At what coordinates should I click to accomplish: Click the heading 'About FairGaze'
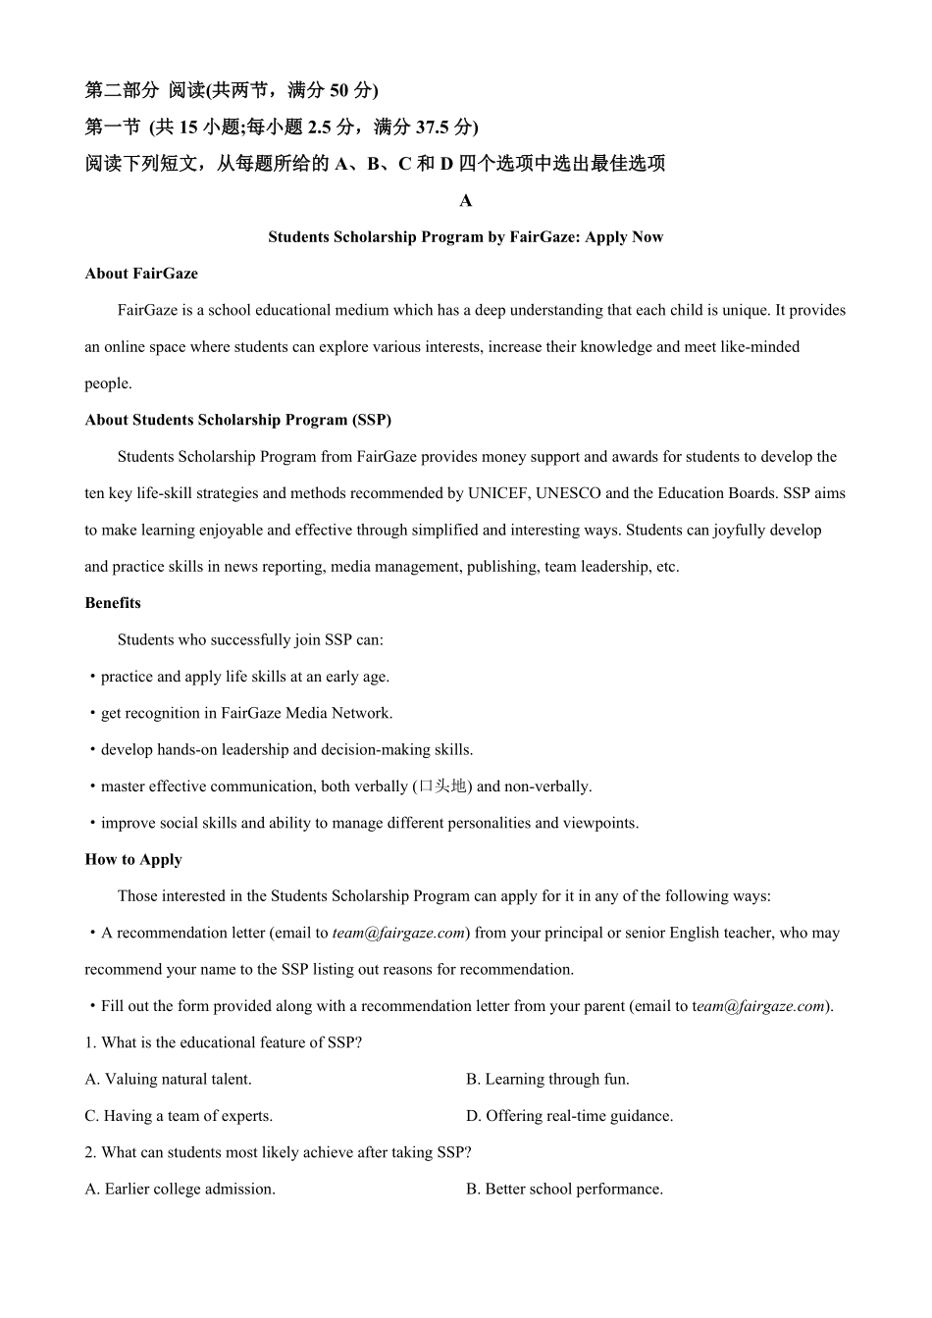click(x=141, y=274)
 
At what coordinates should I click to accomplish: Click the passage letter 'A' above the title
click(x=466, y=201)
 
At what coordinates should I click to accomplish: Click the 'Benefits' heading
click(x=113, y=603)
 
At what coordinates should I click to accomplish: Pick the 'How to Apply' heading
click(x=133, y=860)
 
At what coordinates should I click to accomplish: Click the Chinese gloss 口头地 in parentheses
click(x=442, y=786)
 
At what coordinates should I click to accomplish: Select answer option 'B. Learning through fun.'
click(x=547, y=1080)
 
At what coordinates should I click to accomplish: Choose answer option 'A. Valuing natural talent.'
click(x=169, y=1080)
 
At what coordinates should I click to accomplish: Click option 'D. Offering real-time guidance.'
click(x=569, y=1116)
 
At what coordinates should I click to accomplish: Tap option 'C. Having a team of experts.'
click(x=179, y=1116)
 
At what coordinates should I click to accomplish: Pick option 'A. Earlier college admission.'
click(x=180, y=1190)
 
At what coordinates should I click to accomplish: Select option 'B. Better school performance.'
click(x=564, y=1190)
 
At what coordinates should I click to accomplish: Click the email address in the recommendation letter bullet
click(x=398, y=934)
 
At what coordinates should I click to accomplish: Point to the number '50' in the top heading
click(x=338, y=91)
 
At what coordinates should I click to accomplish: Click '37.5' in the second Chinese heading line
click(x=428, y=127)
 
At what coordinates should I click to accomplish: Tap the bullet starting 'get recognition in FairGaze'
click(x=245, y=714)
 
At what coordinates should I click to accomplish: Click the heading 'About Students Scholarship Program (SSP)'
click(x=238, y=421)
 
